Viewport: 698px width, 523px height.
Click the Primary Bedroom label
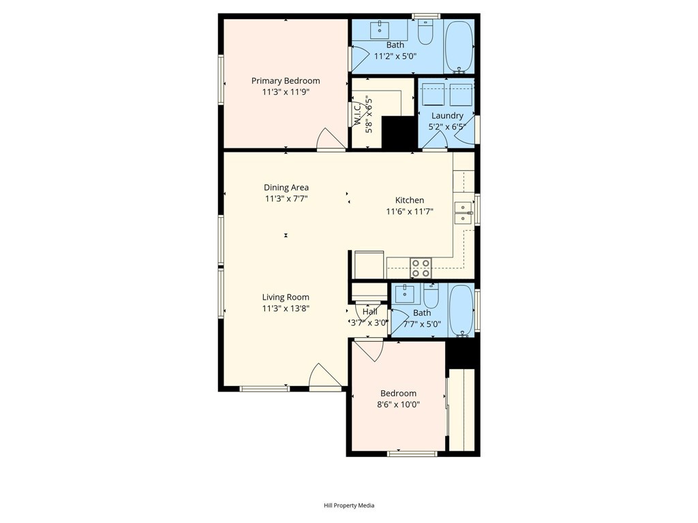click(286, 81)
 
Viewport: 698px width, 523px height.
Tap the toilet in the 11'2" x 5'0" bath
click(425, 32)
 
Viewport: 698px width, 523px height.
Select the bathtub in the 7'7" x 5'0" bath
click(461, 310)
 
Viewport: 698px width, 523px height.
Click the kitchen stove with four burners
click(421, 268)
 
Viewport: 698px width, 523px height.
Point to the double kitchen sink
click(463, 212)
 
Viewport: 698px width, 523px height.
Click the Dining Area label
click(286, 188)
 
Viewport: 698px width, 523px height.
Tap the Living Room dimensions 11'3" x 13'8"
click(286, 308)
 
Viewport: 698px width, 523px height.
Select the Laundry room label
click(447, 116)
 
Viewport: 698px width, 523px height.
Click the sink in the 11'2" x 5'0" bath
click(380, 30)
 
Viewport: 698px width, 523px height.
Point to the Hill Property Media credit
click(349, 505)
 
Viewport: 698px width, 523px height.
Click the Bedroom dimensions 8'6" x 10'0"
click(398, 405)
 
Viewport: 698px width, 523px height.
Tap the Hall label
click(370, 311)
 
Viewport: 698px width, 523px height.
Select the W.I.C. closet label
click(357, 114)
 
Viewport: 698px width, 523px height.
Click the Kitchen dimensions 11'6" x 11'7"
click(410, 212)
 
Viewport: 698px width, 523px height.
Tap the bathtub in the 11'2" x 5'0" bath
click(459, 46)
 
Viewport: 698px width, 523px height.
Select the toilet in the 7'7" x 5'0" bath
click(431, 296)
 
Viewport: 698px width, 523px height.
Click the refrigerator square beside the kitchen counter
click(369, 265)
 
